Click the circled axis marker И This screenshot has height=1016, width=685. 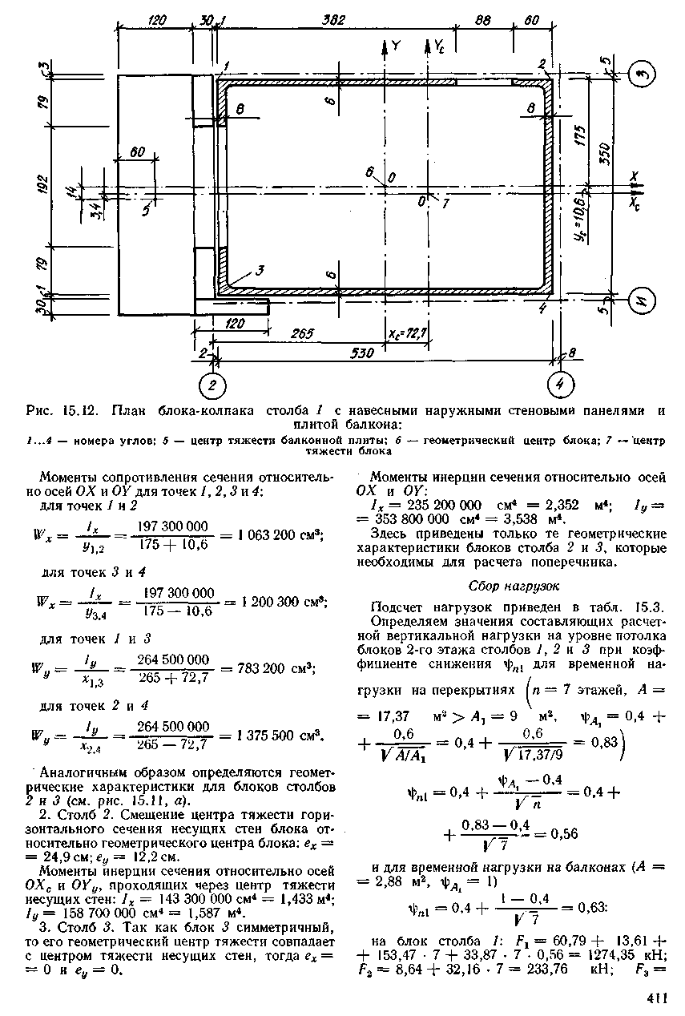643,300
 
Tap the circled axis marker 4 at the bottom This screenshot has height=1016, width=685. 561,385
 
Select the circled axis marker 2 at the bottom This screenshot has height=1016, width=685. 212,386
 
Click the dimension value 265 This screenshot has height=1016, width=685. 302,333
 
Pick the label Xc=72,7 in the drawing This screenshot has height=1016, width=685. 407,333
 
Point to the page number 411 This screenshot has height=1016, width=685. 656,1000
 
